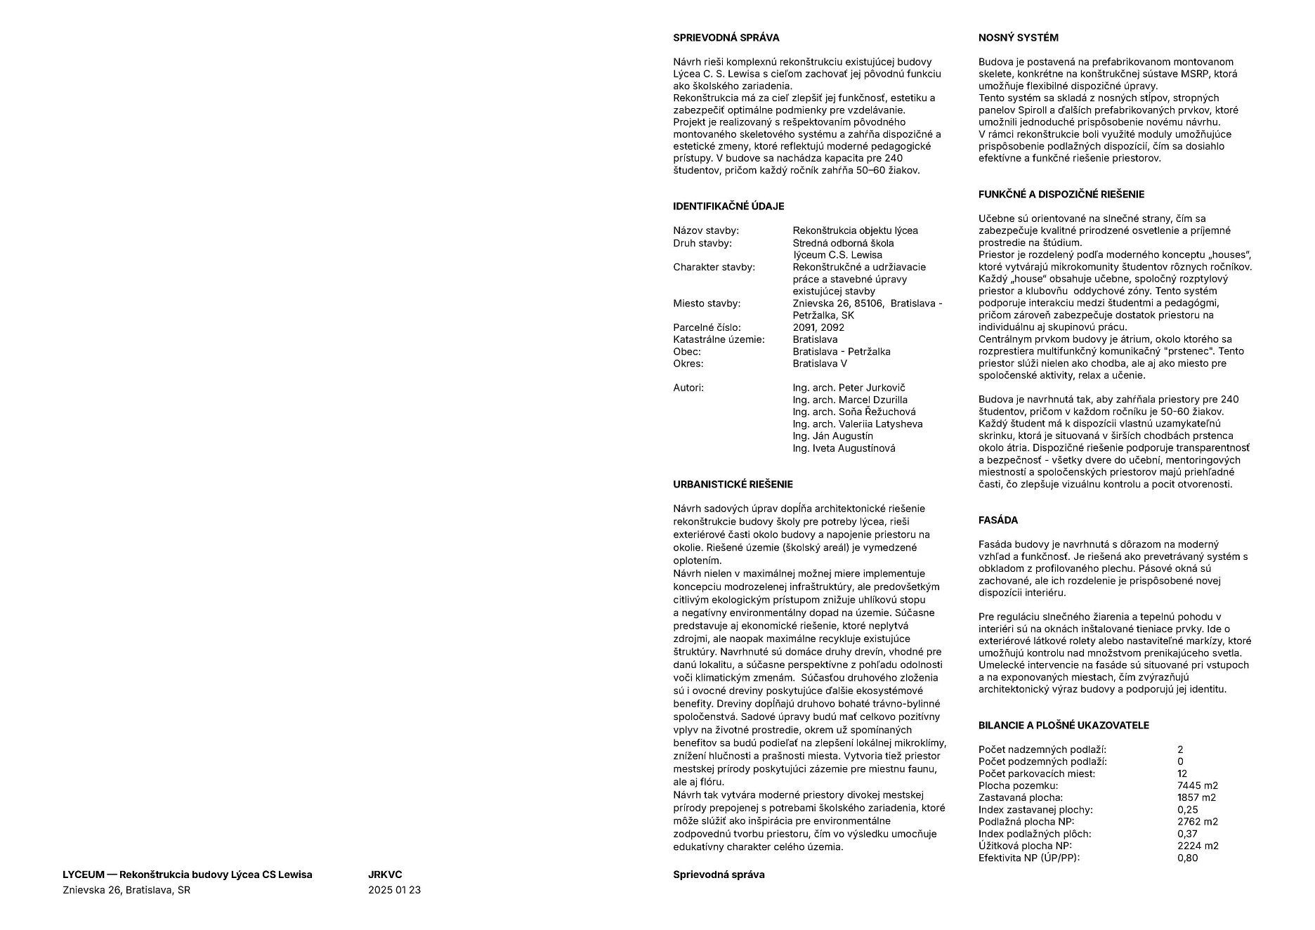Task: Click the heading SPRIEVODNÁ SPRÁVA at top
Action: point(726,38)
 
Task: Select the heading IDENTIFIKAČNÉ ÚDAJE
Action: point(728,207)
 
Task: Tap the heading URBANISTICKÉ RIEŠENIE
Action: point(733,485)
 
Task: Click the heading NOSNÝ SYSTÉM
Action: point(1018,38)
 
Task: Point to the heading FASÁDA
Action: point(997,520)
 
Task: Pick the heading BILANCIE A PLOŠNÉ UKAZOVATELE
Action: point(1064,726)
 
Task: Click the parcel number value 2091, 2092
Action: point(818,327)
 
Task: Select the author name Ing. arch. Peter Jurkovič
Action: point(849,388)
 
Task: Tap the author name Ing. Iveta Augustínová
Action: point(844,448)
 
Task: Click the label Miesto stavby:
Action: point(707,303)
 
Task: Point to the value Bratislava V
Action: point(820,364)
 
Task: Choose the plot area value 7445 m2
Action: point(1197,786)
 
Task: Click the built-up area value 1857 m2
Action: point(1196,798)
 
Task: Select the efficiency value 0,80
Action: point(1187,858)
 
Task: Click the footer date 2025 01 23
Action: point(394,890)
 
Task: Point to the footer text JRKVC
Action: point(385,875)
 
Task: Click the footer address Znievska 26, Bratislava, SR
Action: point(126,890)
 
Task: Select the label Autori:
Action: point(688,388)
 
